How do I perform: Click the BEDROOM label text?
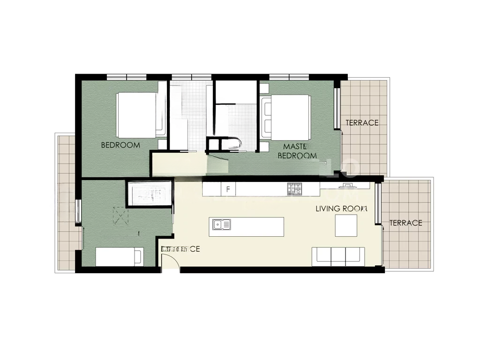tap(120, 145)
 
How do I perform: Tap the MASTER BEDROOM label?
tap(297, 151)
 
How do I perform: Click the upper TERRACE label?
tap(362, 123)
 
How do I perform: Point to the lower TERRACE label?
tap(406, 223)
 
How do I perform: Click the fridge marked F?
tap(228, 189)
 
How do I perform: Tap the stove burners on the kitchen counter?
tap(294, 189)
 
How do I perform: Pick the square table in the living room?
tap(346, 226)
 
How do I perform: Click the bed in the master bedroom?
tap(285, 117)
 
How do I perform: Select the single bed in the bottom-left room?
tap(119, 257)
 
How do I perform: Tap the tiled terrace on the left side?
tap(66, 202)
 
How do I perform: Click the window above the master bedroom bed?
tap(289, 77)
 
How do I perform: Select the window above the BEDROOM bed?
tap(127, 77)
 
